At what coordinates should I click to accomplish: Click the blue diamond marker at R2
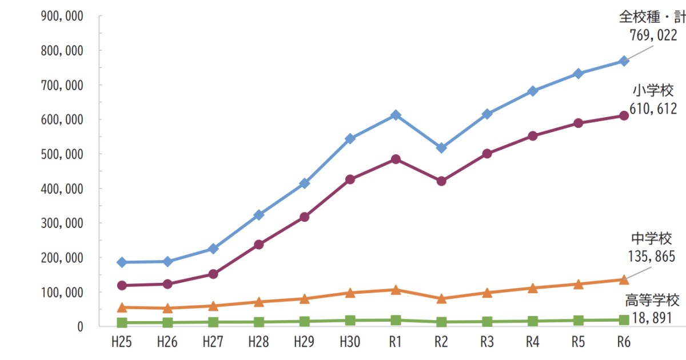[x=441, y=148]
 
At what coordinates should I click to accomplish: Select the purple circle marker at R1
[x=395, y=159]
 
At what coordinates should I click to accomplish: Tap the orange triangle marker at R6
[x=624, y=279]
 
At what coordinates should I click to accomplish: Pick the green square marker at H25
[x=121, y=323]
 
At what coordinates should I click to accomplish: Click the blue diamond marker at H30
[x=350, y=139]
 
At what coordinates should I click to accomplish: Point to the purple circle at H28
[x=258, y=245]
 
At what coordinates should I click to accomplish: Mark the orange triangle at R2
[x=441, y=298]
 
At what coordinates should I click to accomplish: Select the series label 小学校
[x=653, y=90]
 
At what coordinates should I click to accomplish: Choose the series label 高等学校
[x=652, y=300]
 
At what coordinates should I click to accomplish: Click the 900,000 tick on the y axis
[x=63, y=17]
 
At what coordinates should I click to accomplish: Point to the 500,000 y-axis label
[x=63, y=154]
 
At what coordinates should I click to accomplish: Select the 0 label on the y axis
[x=80, y=327]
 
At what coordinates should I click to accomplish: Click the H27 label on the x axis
[x=213, y=342]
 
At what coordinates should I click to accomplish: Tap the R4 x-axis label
[x=532, y=342]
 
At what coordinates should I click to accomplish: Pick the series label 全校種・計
[x=652, y=17]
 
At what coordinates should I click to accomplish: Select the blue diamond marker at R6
[x=624, y=61]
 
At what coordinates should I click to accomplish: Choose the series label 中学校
[x=651, y=238]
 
